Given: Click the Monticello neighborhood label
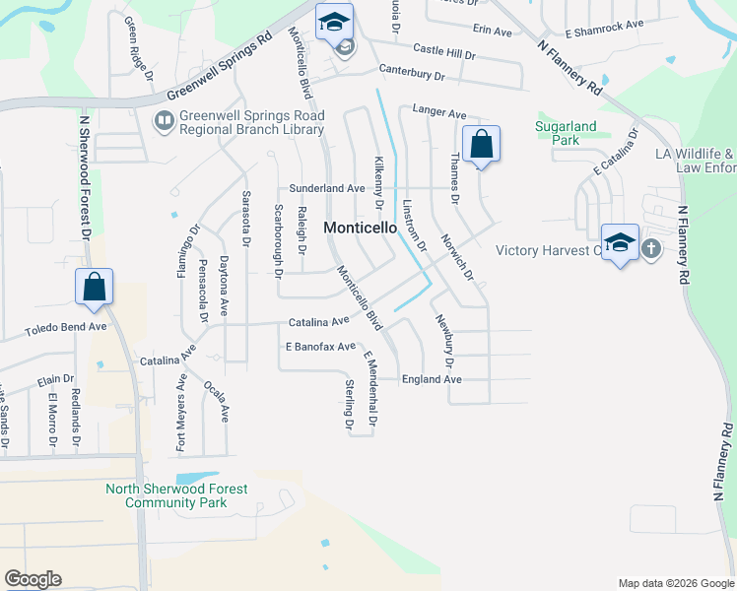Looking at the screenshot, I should pos(361,227).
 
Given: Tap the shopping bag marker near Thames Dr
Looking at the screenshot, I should pos(481,144).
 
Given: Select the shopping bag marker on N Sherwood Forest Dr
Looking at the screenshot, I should pos(94,287).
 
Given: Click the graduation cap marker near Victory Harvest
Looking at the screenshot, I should pos(619,242).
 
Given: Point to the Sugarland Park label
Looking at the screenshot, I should pos(557,133).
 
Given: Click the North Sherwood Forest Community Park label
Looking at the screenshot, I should pos(176,495).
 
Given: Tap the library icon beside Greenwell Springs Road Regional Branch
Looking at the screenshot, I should pos(163,120).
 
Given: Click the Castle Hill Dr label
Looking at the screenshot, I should pos(443,48).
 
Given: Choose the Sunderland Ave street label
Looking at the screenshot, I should pos(327,187).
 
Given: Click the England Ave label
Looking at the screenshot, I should pos(432,379).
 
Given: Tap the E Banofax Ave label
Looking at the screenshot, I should pos(319,347).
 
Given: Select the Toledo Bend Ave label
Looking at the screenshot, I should pos(65,326).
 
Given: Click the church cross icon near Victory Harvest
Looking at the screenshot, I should pos(651,249).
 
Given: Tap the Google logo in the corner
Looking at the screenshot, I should pos(33,579).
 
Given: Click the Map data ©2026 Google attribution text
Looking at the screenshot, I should pos(675,583).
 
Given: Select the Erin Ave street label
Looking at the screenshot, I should pos(493,32).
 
